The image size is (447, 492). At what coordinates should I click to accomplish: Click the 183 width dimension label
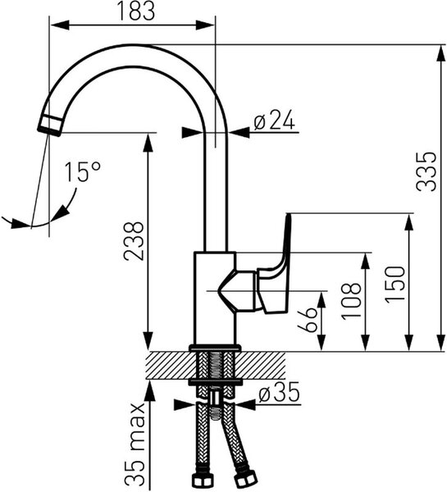(136, 11)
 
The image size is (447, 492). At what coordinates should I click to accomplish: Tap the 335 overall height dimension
(426, 171)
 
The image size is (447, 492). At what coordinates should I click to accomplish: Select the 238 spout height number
(134, 241)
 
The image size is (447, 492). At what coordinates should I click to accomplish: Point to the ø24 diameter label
(275, 120)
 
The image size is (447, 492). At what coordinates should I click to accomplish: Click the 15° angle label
(83, 171)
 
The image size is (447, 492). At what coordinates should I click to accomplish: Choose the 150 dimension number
(395, 285)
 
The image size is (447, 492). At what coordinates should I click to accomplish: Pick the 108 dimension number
(351, 301)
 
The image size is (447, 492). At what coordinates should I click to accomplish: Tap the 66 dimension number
(307, 320)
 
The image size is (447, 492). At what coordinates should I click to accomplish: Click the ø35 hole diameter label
(279, 393)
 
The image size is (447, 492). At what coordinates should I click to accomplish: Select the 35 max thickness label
(135, 445)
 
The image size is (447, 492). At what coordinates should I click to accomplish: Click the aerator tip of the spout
(50, 125)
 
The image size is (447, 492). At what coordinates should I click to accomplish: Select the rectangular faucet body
(215, 298)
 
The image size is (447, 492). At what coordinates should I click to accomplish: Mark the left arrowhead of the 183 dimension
(60, 25)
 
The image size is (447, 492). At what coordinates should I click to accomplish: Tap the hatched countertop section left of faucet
(172, 365)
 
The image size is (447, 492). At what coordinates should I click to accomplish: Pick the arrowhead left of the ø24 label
(192, 132)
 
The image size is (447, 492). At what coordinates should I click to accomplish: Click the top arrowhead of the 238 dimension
(148, 143)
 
